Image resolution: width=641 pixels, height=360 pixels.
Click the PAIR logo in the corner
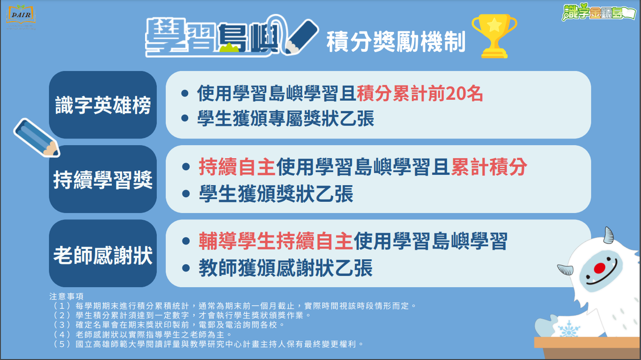[21, 17]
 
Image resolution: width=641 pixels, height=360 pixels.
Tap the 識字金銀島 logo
[599, 12]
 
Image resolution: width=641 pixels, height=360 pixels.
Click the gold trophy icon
[494, 36]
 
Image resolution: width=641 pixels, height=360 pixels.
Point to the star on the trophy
[494, 25]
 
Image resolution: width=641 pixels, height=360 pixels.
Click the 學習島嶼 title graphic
[232, 37]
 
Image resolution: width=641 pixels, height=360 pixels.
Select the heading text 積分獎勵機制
[396, 42]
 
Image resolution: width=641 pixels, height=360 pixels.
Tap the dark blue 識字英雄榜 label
[103, 105]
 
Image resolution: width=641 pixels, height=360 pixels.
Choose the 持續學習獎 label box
[103, 179]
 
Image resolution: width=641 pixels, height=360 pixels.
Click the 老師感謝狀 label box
[103, 253]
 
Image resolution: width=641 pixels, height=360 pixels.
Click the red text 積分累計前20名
[420, 93]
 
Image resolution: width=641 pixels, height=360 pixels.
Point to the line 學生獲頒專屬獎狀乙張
[286, 118]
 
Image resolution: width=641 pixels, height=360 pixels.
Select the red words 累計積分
[489, 167]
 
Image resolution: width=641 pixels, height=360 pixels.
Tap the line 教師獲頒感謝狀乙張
[286, 268]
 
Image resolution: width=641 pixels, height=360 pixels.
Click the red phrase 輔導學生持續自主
[275, 241]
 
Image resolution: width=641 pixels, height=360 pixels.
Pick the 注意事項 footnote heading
[66, 296]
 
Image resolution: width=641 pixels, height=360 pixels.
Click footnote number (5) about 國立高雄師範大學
[208, 344]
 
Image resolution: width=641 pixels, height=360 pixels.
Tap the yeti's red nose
[599, 268]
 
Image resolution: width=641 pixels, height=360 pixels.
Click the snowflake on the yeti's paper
[569, 329]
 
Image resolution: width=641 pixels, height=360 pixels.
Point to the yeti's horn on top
[608, 235]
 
